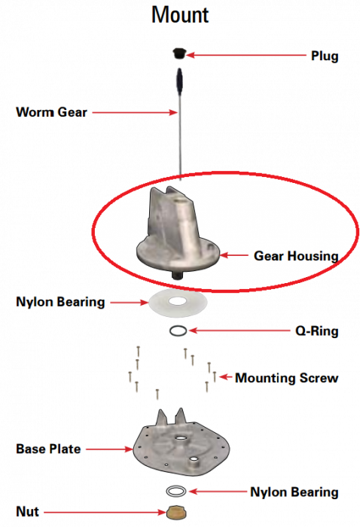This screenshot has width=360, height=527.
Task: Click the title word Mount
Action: point(180,15)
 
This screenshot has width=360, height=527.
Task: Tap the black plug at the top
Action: point(178,53)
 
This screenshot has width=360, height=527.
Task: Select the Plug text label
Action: point(325,56)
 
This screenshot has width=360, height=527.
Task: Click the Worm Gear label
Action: point(51,112)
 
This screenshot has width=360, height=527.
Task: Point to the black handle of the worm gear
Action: point(180,81)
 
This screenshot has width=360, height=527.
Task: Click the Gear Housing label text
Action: point(296,256)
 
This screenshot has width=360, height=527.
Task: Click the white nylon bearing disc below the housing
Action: point(178,302)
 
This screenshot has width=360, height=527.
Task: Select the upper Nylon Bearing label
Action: point(60,302)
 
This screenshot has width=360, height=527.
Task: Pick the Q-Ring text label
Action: point(316,331)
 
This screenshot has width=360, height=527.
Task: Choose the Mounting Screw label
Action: point(286,378)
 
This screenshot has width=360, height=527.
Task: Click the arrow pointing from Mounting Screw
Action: point(225,377)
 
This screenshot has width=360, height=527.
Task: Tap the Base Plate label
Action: point(48,449)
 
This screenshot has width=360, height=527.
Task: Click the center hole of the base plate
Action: point(181,438)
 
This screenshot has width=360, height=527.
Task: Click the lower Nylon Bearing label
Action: point(294,492)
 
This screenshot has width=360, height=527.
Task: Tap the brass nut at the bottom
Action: point(176,512)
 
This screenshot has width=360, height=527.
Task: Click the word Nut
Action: point(28,511)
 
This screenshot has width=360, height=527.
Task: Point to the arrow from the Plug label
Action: point(246,55)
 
